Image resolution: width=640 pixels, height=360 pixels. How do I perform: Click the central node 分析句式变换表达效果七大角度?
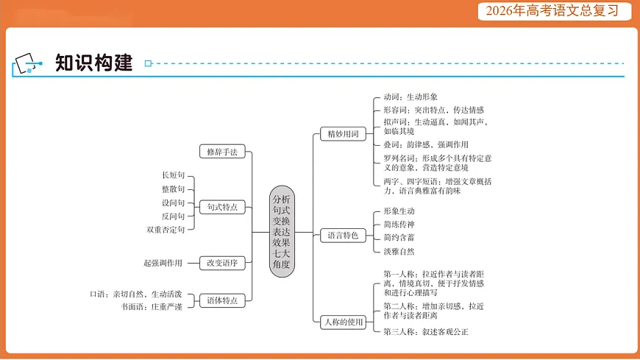281,231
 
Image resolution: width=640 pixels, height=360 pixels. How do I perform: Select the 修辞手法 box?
222,152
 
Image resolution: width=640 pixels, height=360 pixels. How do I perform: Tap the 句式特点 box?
222,207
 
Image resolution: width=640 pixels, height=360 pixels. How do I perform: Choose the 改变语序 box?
222,262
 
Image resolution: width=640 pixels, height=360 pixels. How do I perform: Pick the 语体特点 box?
222,300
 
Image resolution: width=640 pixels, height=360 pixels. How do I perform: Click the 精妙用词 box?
343,134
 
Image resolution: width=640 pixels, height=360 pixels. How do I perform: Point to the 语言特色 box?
343,236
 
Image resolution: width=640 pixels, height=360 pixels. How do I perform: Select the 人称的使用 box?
343,322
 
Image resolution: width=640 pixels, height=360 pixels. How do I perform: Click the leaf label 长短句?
173,175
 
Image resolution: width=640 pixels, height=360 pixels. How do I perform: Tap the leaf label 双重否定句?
166,230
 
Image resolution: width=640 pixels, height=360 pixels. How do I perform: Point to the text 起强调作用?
163,263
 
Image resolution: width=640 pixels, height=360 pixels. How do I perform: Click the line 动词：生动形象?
410,96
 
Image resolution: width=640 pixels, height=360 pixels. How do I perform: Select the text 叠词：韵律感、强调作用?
425,144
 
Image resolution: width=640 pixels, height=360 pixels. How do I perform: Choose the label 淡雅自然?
399,251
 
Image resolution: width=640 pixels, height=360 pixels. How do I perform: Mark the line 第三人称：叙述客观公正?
425,332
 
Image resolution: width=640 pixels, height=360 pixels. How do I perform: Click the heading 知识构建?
93,63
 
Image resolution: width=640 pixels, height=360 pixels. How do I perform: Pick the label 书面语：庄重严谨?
152,306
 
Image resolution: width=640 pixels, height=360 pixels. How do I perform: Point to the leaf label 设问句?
173,202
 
